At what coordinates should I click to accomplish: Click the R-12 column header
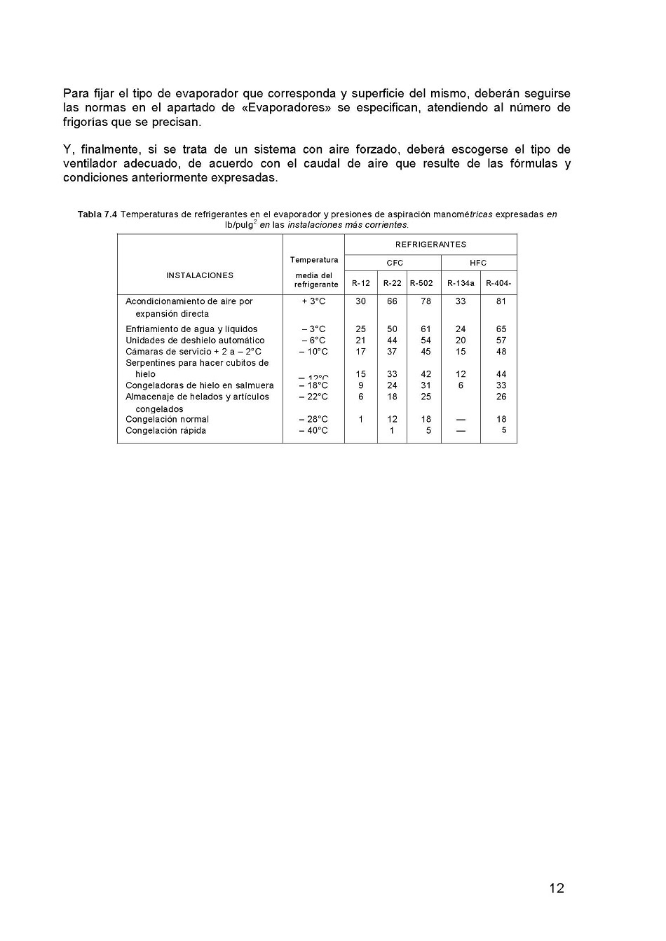(x=360, y=283)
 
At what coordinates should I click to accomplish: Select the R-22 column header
(x=392, y=283)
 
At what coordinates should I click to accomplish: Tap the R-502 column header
(x=421, y=283)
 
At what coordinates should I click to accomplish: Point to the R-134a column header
(x=461, y=283)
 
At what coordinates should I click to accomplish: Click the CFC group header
(x=395, y=263)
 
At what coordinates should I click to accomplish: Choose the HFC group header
(x=478, y=263)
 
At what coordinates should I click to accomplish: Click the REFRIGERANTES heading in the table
(x=430, y=245)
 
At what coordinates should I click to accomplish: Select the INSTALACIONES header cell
(x=200, y=275)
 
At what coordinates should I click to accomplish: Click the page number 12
(x=557, y=888)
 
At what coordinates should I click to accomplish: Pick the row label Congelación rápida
(x=165, y=431)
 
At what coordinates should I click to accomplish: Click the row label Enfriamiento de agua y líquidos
(x=191, y=329)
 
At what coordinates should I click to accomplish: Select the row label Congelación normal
(x=167, y=420)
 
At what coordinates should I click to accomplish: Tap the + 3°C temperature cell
(x=313, y=301)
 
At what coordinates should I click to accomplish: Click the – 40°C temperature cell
(x=313, y=431)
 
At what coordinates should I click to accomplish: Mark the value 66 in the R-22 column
(x=392, y=301)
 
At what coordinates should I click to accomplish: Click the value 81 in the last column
(x=501, y=301)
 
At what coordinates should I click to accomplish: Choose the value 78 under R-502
(x=426, y=301)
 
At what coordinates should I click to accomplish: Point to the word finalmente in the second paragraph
(x=110, y=150)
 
